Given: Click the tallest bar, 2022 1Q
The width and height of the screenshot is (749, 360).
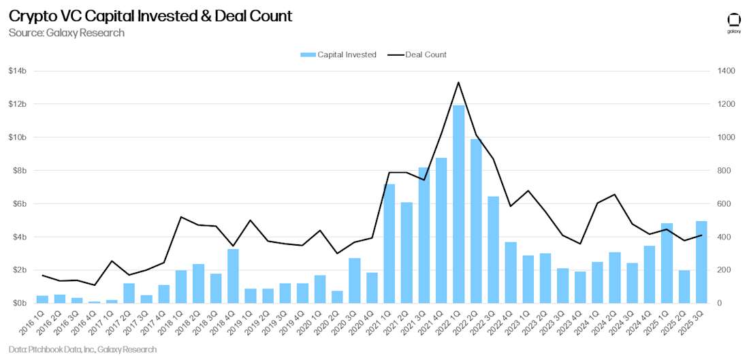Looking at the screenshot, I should click(459, 204).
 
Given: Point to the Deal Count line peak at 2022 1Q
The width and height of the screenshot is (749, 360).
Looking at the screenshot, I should click(459, 82).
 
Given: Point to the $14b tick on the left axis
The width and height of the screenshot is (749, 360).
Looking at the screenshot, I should click(17, 71).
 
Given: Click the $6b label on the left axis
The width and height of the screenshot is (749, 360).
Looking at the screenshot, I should click(17, 203).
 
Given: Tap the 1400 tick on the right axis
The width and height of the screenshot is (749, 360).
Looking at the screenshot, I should click(724, 71).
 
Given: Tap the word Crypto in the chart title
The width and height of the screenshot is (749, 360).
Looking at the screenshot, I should click(31, 16).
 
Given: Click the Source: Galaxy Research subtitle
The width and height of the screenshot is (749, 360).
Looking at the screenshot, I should click(66, 33).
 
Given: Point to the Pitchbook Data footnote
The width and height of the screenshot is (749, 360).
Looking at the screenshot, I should click(82, 349).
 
